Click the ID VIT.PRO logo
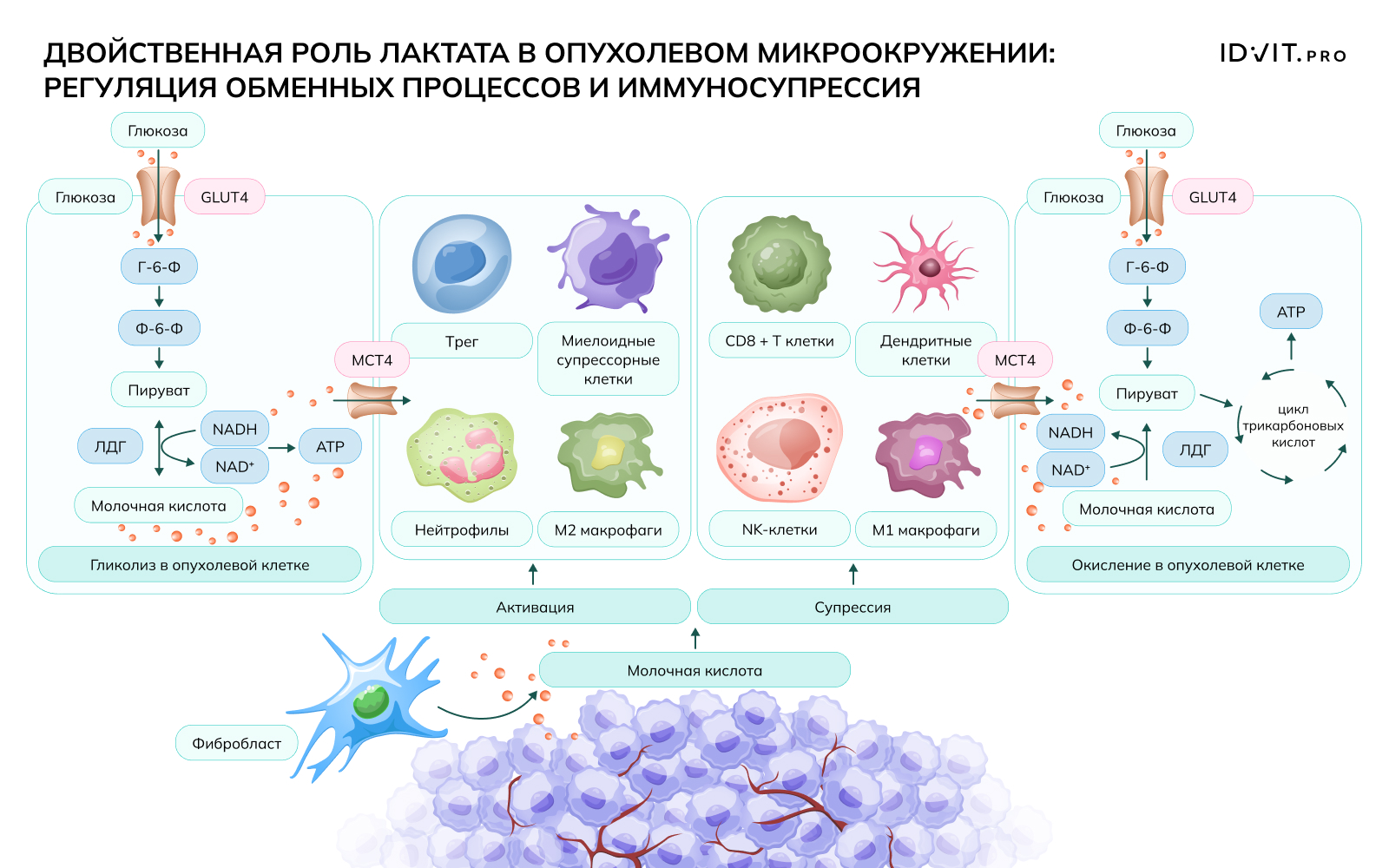coord(1282,54)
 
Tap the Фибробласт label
coord(236,743)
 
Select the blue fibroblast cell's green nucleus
coord(372,700)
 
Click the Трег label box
coord(462,341)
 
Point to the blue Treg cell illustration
coord(461,263)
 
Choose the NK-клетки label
coord(780,529)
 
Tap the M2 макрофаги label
coord(608,529)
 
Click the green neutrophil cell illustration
coord(461,455)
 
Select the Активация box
coord(535,607)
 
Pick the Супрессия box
coord(852,607)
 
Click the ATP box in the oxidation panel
coord(1291,312)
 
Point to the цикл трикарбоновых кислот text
coord(1293,425)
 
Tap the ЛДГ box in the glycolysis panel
coord(110,446)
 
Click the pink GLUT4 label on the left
coord(224,197)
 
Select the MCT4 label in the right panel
coord(1015,359)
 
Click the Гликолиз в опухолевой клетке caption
coord(200,564)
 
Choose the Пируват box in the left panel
coord(159,390)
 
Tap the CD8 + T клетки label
coord(780,341)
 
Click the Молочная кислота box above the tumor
coord(694,670)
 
